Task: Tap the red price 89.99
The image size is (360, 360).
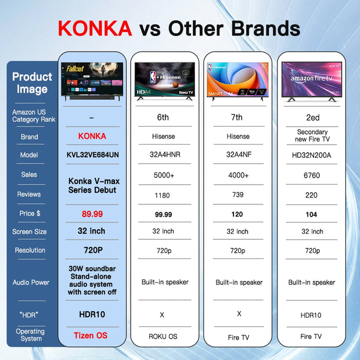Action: [x=92, y=214]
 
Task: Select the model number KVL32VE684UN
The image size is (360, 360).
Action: [x=92, y=155]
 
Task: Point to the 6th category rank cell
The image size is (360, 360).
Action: [x=163, y=117]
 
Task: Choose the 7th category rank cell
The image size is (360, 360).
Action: [x=237, y=117]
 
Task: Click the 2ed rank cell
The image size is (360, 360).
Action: [x=311, y=117]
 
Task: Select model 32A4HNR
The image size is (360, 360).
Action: [x=163, y=155]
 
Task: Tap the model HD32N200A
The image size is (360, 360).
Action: [x=311, y=155]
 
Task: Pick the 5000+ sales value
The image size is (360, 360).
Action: [x=163, y=175]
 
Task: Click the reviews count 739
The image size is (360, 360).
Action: [x=237, y=195]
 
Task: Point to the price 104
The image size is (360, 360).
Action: [x=311, y=214]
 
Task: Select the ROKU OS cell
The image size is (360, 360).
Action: [x=163, y=336]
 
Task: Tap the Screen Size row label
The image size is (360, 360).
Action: [x=29, y=232]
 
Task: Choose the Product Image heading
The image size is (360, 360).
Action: [x=32, y=82]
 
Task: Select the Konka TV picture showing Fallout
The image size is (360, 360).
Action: [x=92, y=80]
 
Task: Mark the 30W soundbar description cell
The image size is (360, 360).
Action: [x=92, y=280]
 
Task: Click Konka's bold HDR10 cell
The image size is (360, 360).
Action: [x=92, y=314]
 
